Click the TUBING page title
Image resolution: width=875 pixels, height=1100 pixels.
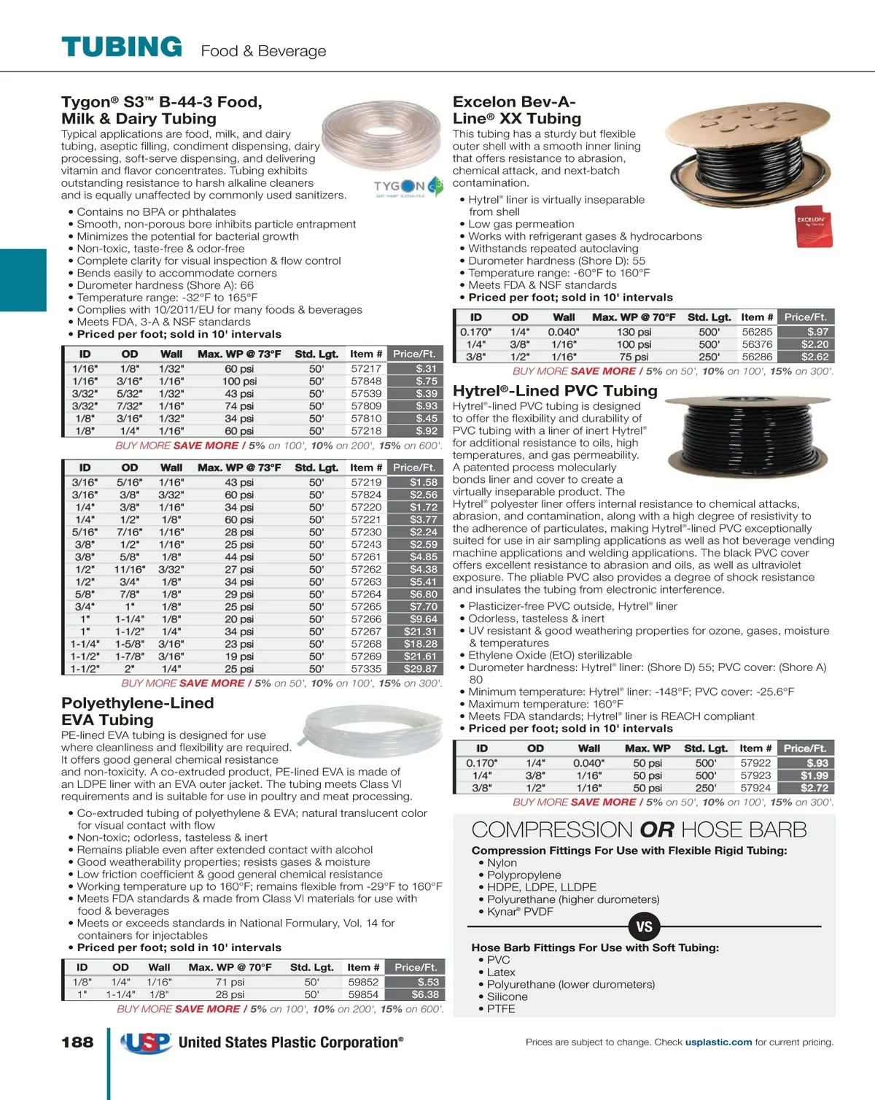pos(122,47)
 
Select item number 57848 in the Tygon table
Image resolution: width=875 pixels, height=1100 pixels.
pos(366,381)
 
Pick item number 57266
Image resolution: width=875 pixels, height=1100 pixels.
pos(366,619)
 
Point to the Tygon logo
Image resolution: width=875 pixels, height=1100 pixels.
pos(408,187)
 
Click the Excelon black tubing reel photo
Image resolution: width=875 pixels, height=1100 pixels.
pos(749,157)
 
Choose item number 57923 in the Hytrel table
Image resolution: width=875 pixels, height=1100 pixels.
pos(755,775)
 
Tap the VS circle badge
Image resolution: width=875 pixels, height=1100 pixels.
pos(644,927)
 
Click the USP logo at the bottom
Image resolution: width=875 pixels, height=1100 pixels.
pos(147,1043)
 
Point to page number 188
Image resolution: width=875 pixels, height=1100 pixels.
pos(77,1042)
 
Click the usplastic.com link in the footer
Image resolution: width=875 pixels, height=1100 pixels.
pos(718,1042)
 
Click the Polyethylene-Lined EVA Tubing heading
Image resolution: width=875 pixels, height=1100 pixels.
pos(138,711)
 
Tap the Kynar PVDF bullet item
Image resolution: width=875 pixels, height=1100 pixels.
pos(520,912)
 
